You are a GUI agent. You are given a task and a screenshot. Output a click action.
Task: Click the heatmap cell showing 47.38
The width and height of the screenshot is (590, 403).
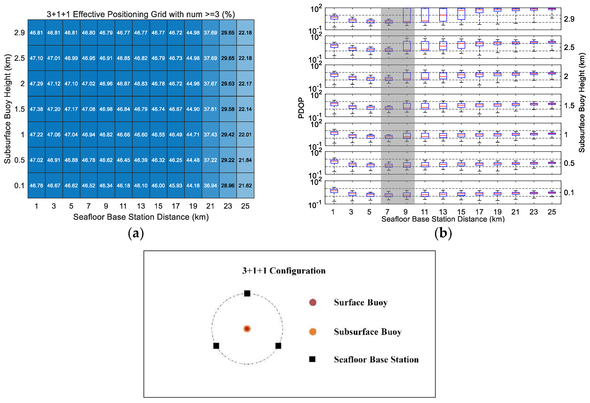tap(36, 109)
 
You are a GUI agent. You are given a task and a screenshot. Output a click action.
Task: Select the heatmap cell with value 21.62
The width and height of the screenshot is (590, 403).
tap(245, 186)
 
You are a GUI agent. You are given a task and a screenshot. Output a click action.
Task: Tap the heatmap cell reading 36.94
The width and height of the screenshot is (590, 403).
tap(210, 186)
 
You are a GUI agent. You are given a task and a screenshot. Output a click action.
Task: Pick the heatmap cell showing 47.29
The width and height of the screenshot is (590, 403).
tap(36, 84)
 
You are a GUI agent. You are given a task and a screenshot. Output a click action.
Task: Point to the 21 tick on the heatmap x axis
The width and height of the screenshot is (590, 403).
tap(210, 206)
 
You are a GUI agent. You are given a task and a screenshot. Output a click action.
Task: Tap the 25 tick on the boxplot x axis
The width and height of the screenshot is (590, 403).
tap(552, 212)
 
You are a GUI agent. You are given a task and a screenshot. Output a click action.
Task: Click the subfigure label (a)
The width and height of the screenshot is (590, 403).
tap(136, 233)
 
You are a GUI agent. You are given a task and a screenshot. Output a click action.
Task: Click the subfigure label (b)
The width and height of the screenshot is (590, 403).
tap(443, 233)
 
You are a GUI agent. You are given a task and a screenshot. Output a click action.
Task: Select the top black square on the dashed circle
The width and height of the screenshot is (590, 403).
tap(247, 293)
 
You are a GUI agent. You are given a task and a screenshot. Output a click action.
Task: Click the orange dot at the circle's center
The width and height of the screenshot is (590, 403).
tap(247, 329)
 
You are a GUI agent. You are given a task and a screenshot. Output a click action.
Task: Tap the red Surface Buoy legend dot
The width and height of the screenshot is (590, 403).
tap(313, 302)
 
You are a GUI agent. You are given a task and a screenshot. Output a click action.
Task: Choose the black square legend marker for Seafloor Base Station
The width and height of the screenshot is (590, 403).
tap(312, 359)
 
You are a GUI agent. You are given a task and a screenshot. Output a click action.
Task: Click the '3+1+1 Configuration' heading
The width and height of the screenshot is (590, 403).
tap(284, 271)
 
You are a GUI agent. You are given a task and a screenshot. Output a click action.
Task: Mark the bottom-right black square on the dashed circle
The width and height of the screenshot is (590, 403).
tap(278, 346)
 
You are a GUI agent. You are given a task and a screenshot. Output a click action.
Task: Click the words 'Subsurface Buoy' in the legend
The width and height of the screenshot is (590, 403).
tap(367, 332)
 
